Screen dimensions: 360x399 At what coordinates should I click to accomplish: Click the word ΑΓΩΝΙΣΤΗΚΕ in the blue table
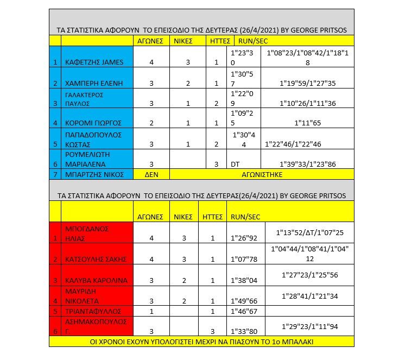tap(262, 174)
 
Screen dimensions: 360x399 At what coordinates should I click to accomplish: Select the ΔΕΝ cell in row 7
tap(151, 174)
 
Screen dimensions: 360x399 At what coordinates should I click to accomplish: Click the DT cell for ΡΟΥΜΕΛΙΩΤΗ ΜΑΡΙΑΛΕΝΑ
tap(235, 163)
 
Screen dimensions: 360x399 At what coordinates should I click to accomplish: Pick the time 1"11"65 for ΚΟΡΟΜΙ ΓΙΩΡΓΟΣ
tap(307, 123)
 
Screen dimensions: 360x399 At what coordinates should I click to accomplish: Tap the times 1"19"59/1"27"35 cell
tap(307, 83)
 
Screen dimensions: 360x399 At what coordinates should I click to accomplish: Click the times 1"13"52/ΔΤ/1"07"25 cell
tap(309, 232)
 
